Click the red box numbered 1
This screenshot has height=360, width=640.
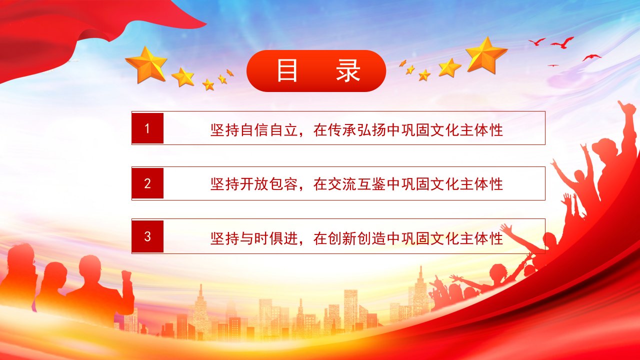pos(147,128)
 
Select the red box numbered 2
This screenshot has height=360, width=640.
pos(147,183)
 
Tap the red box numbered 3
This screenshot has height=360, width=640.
pos(147,236)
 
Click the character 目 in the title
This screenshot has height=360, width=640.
pos(287,70)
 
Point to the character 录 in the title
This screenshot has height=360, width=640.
pos(347,70)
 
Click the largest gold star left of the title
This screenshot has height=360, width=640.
pos(146,64)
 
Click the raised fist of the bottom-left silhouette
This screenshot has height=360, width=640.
pos(126,275)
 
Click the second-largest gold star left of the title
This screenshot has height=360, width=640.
pos(183,77)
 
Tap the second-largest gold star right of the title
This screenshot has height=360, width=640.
pos(449,67)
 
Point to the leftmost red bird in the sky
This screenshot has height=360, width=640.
pos(537,41)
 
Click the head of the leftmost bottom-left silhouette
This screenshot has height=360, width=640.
pos(19,256)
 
